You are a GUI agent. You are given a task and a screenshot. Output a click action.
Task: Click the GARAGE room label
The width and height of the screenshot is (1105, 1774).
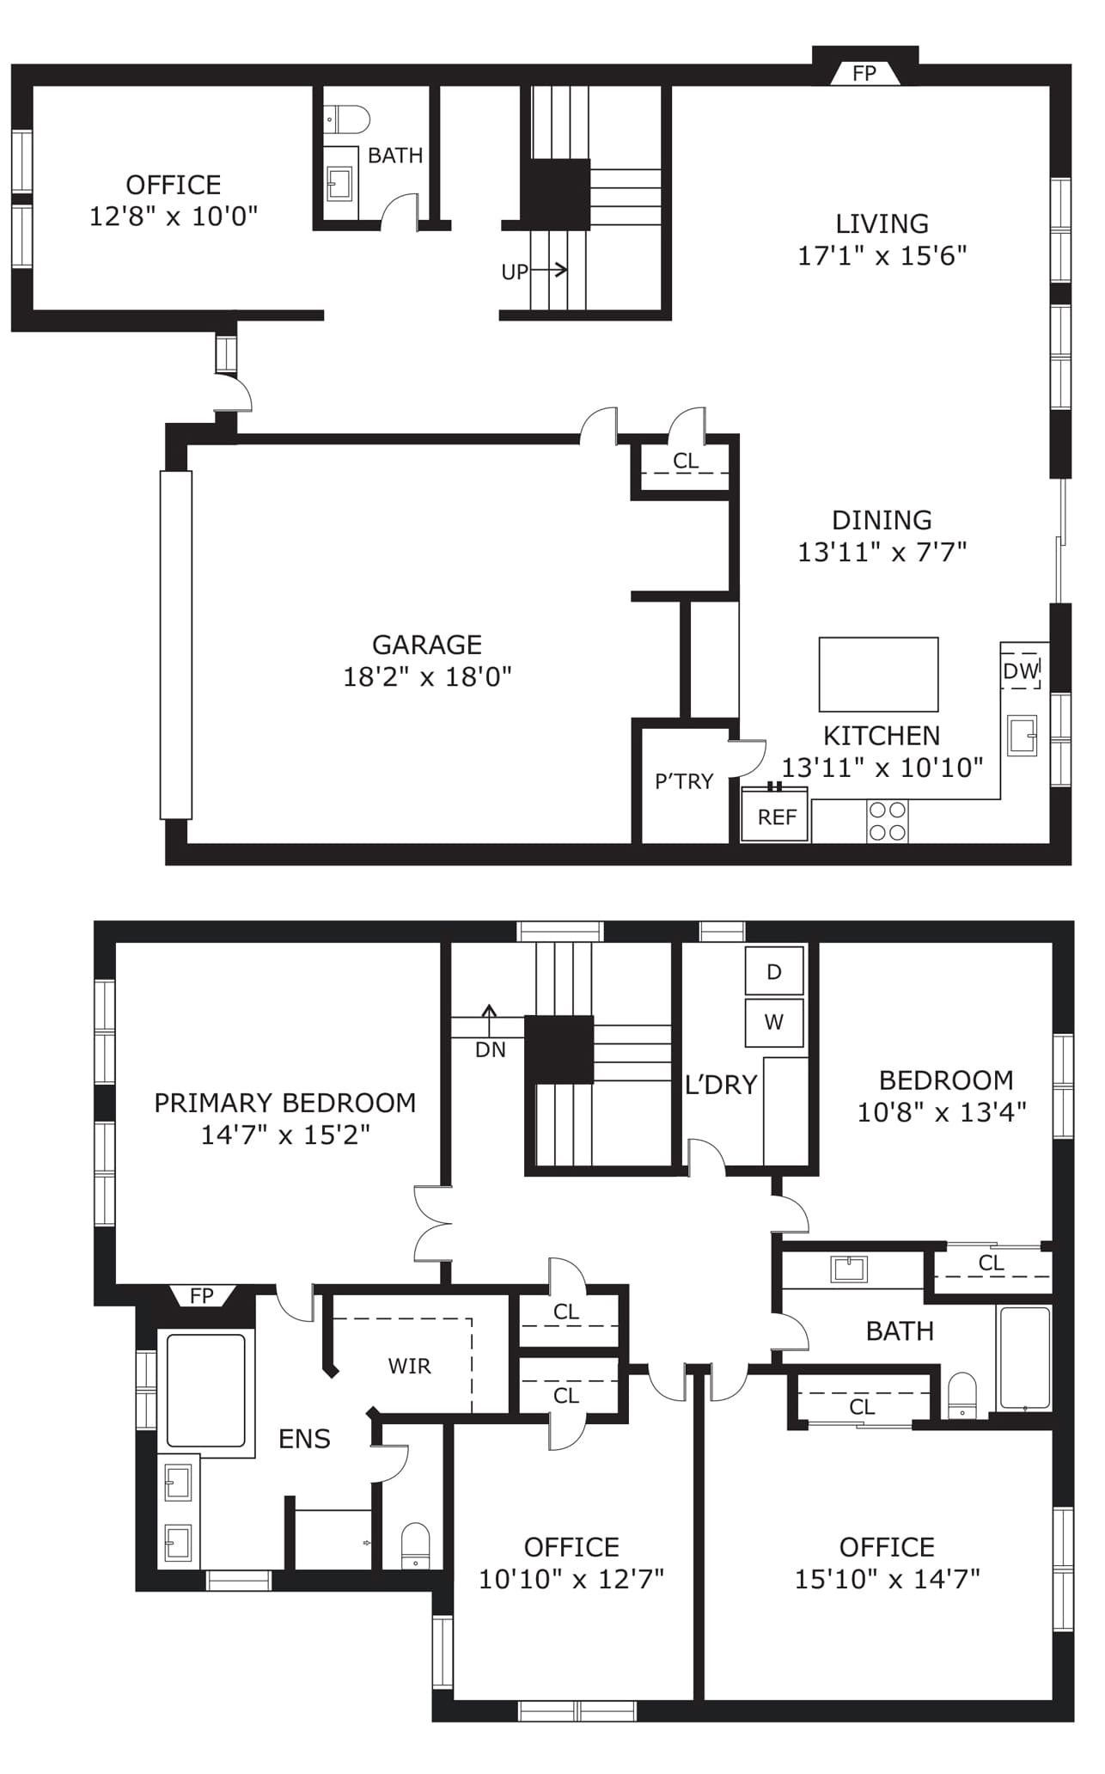point(427,645)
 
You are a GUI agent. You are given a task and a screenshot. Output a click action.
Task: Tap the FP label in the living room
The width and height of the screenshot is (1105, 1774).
point(864,74)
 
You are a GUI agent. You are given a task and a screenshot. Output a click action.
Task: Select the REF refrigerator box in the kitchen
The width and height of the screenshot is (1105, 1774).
point(775,814)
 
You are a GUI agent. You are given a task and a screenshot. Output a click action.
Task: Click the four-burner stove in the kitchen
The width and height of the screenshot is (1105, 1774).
point(888,821)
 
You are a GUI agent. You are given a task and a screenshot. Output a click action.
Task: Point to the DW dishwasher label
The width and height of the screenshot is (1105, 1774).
point(1022,670)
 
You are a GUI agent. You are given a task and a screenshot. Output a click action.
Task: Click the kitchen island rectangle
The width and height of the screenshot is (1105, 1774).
point(878,675)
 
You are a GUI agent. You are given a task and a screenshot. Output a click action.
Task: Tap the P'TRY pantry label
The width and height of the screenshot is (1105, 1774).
point(684,781)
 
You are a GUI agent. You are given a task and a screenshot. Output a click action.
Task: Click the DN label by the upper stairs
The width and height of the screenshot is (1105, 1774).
point(491,1049)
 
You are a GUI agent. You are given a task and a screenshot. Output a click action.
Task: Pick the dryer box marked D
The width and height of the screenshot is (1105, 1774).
point(774,971)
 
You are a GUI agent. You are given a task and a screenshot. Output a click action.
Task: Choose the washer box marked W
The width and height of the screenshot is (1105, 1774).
point(774,1022)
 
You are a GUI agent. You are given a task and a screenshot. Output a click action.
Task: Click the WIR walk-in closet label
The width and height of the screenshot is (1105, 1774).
point(409,1366)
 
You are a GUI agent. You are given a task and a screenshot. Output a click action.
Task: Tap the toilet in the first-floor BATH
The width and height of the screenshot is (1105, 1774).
point(347,119)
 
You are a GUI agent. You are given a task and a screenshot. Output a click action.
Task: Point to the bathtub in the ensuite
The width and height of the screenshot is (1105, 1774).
point(205,1390)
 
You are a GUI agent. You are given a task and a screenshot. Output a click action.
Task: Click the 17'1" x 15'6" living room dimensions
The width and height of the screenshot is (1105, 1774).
point(882,255)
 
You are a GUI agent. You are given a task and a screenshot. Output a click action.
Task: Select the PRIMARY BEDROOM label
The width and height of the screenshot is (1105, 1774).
point(285,1103)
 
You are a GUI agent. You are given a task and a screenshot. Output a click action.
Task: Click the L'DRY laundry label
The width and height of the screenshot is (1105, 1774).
point(721,1085)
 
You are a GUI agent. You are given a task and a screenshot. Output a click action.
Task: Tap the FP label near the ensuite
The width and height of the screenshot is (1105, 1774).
point(202,1295)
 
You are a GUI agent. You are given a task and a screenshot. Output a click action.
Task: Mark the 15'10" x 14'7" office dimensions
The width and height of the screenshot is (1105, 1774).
point(887,1579)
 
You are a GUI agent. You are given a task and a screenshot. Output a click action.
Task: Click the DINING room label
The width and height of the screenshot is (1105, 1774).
point(882,520)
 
